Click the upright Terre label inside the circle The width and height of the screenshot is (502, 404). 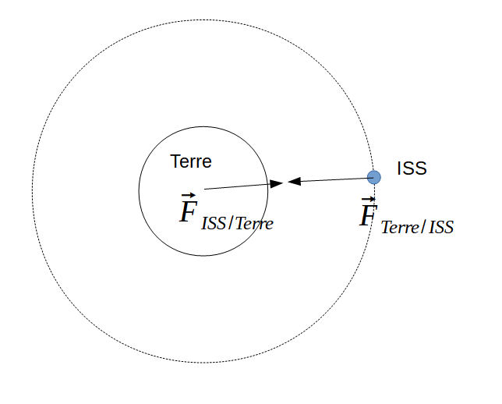(191, 161)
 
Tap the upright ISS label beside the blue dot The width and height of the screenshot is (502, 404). (412, 168)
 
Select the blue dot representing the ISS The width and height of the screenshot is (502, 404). (373, 177)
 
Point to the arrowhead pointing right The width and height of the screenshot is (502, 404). (277, 183)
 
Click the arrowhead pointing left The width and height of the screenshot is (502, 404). (294, 182)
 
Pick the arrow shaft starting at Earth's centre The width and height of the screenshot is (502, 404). (237, 186)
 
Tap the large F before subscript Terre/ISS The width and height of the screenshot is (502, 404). (368, 215)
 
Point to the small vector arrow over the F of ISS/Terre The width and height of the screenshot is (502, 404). (189, 195)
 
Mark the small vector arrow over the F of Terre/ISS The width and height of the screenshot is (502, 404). (368, 200)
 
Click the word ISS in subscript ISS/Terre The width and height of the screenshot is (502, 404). (214, 224)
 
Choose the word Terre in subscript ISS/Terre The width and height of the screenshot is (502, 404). (254, 224)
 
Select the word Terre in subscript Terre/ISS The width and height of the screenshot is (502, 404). (400, 228)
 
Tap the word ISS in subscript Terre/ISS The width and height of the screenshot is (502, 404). (441, 228)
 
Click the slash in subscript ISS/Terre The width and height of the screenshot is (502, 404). (231, 223)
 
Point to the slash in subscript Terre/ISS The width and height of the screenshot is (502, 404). (424, 227)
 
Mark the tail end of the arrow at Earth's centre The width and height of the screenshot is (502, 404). (204, 189)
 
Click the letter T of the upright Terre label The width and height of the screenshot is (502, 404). (175, 161)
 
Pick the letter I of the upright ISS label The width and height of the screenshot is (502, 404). (398, 168)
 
